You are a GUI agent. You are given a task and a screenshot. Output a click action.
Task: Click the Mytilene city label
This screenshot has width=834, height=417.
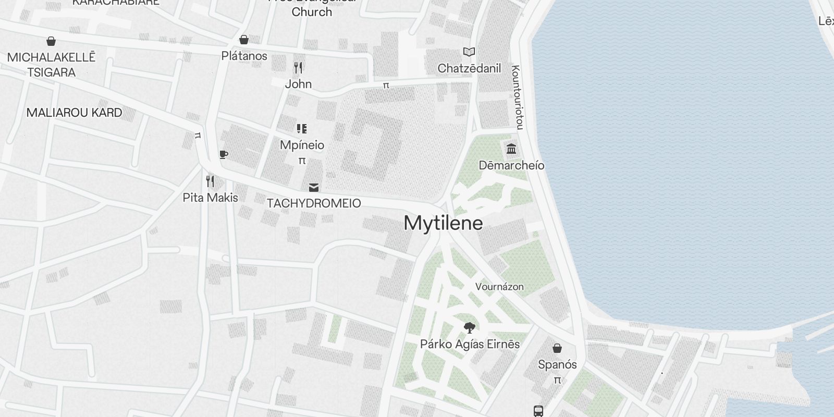tap(443, 223)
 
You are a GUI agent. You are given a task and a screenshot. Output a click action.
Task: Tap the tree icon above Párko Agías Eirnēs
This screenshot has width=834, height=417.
tap(470, 328)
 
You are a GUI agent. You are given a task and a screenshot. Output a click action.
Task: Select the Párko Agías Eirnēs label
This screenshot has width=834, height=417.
tap(470, 344)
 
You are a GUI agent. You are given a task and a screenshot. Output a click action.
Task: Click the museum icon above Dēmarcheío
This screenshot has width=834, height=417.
tap(511, 149)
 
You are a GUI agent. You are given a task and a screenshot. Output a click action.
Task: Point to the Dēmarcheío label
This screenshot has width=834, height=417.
tap(511, 165)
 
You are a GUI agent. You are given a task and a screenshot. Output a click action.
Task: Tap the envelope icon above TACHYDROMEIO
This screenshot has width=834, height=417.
tap(314, 188)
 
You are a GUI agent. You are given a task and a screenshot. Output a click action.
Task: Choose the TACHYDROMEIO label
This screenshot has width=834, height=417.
tap(314, 203)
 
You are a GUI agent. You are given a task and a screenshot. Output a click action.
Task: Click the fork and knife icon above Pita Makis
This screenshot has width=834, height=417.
tap(210, 181)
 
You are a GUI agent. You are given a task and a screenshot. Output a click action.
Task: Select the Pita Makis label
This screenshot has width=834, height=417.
tap(210, 198)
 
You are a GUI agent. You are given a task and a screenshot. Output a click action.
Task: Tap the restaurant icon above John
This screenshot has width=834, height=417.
tap(298, 67)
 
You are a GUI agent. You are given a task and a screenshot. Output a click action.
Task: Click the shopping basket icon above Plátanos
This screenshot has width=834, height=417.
tap(243, 40)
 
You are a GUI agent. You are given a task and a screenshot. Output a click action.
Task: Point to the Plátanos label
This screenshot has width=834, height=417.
tap(244, 56)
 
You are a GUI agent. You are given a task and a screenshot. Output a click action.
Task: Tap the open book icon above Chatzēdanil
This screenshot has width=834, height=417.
tap(469, 52)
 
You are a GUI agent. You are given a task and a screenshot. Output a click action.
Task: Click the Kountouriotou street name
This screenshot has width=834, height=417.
tap(517, 97)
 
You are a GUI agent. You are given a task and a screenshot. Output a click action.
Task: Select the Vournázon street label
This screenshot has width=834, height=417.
tap(499, 287)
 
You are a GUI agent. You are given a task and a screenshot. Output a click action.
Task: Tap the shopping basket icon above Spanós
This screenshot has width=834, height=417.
tap(557, 348)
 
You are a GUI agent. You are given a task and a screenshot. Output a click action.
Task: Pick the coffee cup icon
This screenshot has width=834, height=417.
tap(223, 154)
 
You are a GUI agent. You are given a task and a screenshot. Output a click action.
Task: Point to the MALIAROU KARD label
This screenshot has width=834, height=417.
tap(74, 113)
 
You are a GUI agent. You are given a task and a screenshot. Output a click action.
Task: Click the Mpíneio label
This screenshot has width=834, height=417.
tap(302, 145)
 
